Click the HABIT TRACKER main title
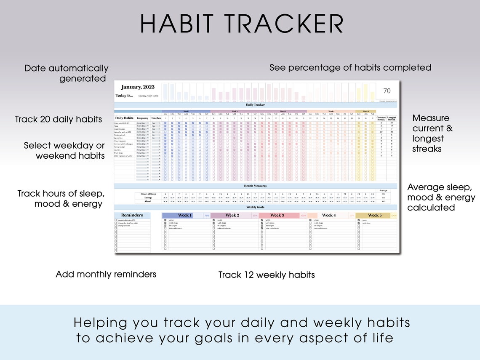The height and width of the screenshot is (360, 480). [242, 24]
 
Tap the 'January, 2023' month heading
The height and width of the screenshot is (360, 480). [138, 87]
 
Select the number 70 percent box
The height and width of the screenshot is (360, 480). [387, 91]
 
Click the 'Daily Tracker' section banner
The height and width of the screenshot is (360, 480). [255, 105]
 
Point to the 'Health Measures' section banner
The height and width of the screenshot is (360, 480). [255, 186]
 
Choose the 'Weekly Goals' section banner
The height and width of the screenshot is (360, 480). [255, 207]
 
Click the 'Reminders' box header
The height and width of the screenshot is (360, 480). [132, 215]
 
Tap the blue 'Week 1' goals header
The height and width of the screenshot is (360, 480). [184, 215]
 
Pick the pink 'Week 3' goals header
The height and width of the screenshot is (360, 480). [277, 215]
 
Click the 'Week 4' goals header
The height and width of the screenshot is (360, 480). [328, 215]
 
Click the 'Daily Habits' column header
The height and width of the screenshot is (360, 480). [124, 118]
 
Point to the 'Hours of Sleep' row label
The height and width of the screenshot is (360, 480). [148, 194]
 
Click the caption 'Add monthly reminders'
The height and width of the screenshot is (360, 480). [106, 275]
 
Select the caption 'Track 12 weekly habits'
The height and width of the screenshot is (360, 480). [267, 275]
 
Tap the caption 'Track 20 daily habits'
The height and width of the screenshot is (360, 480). [58, 119]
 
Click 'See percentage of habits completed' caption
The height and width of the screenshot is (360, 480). [350, 67]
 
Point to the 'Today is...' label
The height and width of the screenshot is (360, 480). [124, 96]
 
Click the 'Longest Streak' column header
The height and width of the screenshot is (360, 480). [392, 118]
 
